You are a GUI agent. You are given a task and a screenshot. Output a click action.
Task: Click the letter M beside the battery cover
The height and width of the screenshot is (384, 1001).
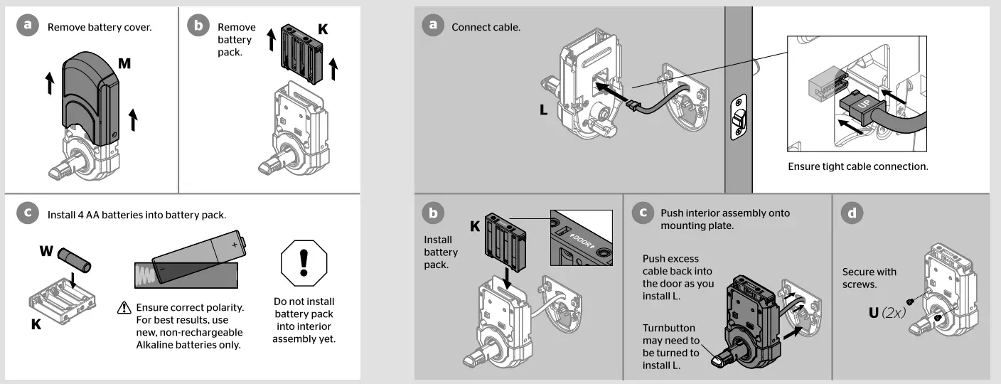(124, 64)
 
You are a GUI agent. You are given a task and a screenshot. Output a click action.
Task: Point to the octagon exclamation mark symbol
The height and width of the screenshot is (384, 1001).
(304, 262)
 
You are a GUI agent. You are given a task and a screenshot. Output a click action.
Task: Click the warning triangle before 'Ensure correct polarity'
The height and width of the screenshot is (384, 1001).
(124, 308)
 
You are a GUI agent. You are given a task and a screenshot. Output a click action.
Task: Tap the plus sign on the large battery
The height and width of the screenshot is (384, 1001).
(235, 244)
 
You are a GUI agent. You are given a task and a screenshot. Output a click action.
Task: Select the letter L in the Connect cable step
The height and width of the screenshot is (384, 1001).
(544, 112)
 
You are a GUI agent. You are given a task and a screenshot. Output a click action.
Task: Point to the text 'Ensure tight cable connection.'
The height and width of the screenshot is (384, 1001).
(858, 166)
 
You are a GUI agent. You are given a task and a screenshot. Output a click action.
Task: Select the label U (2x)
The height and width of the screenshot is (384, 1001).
(887, 312)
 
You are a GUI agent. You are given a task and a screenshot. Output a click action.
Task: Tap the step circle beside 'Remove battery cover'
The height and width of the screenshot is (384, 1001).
(28, 26)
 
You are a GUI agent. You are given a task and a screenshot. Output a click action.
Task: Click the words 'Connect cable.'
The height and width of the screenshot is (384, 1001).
(486, 27)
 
